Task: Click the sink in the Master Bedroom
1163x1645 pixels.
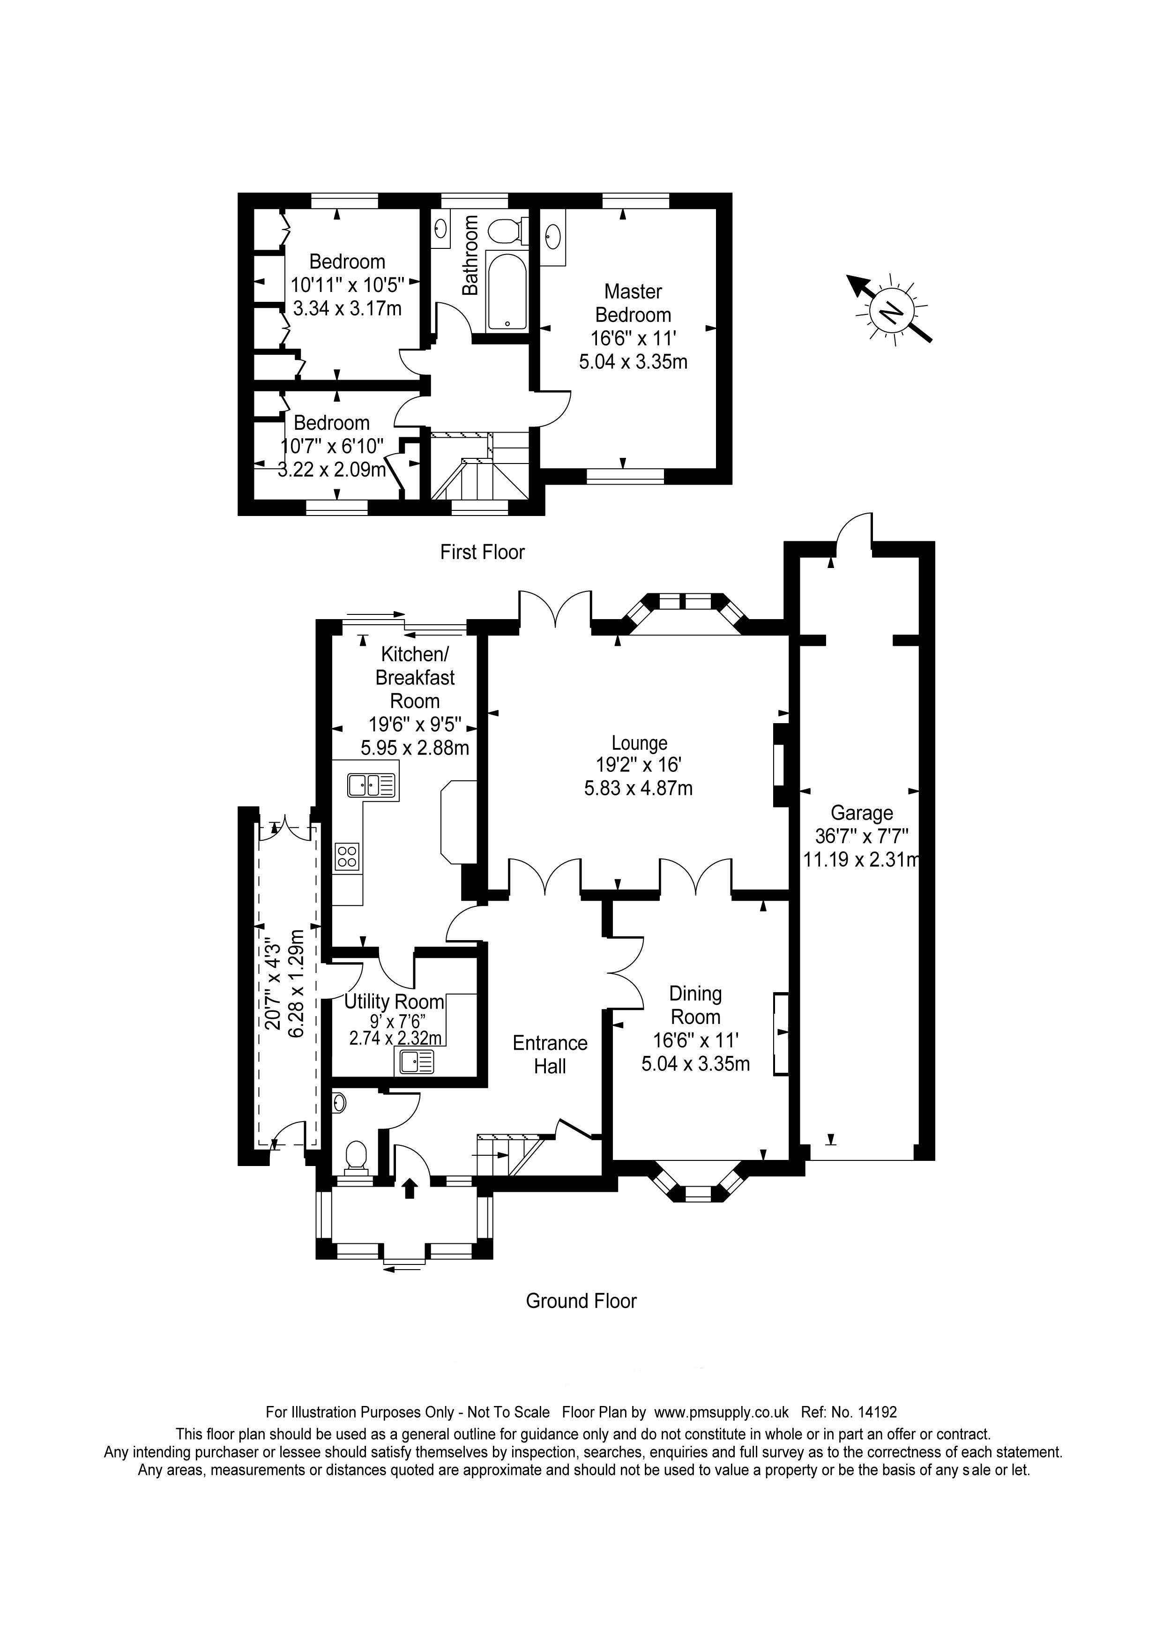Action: click(x=553, y=236)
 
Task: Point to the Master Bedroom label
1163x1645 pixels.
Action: click(x=633, y=303)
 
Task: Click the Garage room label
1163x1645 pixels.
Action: click(x=862, y=813)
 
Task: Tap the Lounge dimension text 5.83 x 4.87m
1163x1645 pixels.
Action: click(x=638, y=789)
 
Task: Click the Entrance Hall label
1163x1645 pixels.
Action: click(x=550, y=1054)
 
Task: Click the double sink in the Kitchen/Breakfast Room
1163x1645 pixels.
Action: click(x=372, y=785)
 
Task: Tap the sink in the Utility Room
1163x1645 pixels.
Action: click(x=415, y=1062)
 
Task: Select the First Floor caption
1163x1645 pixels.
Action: click(x=482, y=552)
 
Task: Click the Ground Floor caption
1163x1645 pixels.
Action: click(x=581, y=1301)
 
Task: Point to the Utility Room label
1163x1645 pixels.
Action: click(x=394, y=1001)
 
